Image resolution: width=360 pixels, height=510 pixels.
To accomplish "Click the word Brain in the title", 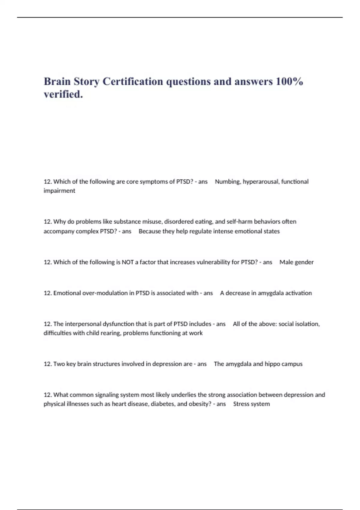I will [x=57, y=81].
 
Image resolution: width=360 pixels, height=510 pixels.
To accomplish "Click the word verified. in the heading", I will [x=63, y=94].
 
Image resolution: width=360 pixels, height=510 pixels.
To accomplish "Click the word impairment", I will [x=59, y=191].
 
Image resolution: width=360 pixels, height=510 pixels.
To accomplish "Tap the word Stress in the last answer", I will [x=241, y=404].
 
